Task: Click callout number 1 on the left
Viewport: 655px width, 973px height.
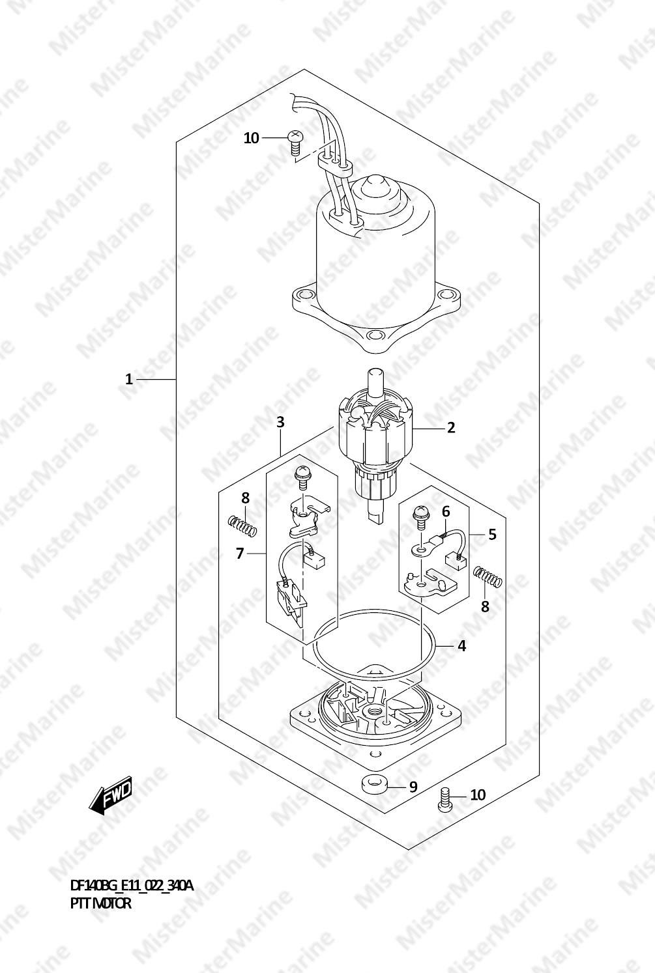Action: [128, 379]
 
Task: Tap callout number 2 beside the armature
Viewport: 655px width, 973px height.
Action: [451, 428]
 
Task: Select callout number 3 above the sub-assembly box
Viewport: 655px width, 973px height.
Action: [280, 422]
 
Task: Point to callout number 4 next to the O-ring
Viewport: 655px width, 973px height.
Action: [462, 646]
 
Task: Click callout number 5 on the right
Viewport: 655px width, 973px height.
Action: [492, 534]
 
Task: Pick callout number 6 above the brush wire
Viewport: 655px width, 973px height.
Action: [446, 512]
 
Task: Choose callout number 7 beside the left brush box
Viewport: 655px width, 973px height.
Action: [239, 554]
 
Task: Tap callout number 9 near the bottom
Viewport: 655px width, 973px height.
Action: [413, 787]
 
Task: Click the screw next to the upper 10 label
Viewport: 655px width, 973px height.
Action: [295, 143]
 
